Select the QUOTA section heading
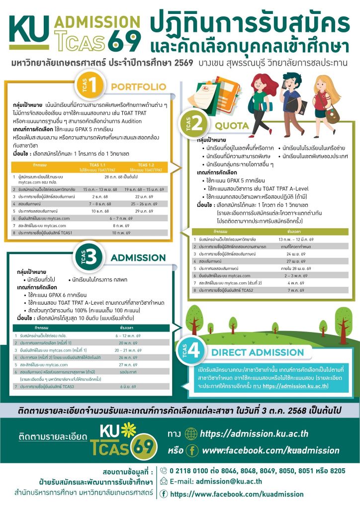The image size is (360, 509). pos(232,126)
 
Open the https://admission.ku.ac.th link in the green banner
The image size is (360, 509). pos(252,433)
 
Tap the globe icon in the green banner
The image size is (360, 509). pos(190,433)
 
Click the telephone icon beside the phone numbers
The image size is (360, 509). pos(164,470)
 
